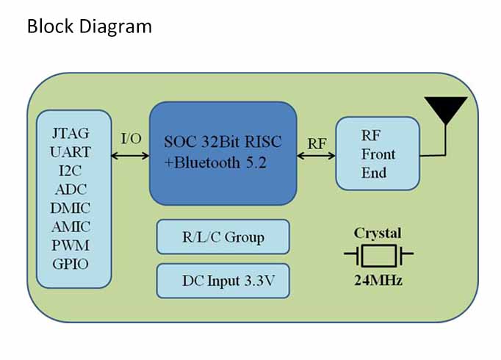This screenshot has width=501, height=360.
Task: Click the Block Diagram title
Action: [90, 26]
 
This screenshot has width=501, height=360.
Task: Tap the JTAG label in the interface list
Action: [71, 133]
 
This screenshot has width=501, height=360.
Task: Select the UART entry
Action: [71, 152]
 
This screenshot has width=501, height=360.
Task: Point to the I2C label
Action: [71, 170]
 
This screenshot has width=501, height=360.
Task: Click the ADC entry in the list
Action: [71, 190]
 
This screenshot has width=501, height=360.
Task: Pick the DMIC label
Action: [71, 208]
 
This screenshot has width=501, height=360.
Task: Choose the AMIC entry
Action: [71, 227]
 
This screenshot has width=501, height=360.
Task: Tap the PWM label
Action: [71, 245]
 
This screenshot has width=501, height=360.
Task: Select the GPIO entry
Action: [71, 264]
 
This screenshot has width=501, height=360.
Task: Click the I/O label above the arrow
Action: [131, 139]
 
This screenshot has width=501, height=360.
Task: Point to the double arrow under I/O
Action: [130, 156]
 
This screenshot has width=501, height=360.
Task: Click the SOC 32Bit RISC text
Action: [223, 142]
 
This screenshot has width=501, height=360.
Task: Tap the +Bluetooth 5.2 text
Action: [215, 162]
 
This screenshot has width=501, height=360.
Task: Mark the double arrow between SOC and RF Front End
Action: [316, 156]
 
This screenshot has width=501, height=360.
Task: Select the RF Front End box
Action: [378, 154]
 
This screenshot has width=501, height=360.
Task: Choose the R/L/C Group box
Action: [223, 237]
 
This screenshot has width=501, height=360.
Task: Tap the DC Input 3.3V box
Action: [223, 281]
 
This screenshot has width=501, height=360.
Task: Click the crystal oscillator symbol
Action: [378, 255]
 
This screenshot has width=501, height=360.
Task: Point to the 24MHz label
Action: [378, 281]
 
